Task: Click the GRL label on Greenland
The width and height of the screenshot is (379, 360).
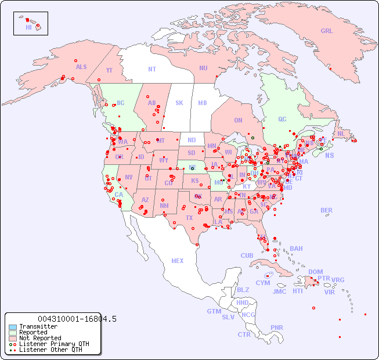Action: [327, 31]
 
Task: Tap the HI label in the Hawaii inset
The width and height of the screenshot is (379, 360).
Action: [28, 27]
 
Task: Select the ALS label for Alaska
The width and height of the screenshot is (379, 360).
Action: [81, 67]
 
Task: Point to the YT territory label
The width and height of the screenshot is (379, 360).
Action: [109, 70]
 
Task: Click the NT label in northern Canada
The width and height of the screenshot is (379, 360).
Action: [151, 69]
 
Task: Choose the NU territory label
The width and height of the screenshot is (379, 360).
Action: [203, 68]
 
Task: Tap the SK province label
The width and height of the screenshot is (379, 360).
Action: [179, 103]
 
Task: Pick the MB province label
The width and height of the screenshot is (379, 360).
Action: [202, 103]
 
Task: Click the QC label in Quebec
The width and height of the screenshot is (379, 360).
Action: [282, 120]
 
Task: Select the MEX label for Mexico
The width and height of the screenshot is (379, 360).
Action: [178, 261]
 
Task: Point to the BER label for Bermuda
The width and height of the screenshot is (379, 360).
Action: [327, 211]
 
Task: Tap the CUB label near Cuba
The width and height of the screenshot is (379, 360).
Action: [247, 256]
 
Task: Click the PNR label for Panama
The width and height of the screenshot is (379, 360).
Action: [277, 327]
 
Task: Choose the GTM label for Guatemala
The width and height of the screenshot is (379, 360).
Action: [214, 311]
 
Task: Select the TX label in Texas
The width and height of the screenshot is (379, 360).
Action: [189, 218]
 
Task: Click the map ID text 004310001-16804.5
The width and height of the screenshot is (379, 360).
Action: [77, 319]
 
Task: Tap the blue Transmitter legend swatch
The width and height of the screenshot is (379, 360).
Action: [13, 327]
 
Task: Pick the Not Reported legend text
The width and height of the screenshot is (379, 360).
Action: [39, 338]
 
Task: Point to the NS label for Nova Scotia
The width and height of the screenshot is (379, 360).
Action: [329, 156]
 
